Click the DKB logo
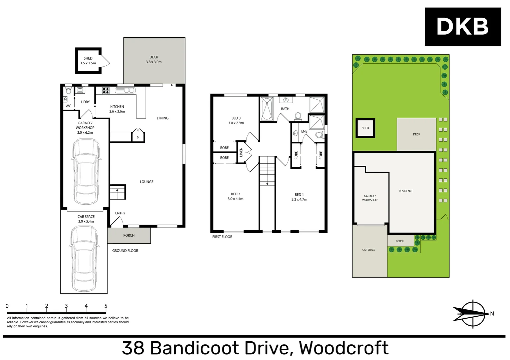tap(462, 27)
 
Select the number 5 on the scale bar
tap(106, 306)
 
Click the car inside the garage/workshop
tap(86, 171)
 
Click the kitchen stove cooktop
tap(106, 90)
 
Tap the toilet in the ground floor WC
tap(68, 91)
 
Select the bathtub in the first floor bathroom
tap(267, 109)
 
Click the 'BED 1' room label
tap(299, 195)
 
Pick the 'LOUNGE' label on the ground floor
tap(146, 182)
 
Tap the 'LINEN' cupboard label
tap(241, 152)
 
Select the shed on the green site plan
tap(365, 128)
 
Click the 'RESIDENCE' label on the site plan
tap(406, 191)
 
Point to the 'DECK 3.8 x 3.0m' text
tap(154, 59)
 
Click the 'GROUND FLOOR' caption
tap(125, 251)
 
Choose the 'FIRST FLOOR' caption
tap(222, 237)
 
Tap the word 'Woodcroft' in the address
tap(344, 348)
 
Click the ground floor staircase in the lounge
tap(117, 192)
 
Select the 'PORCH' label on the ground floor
tap(129, 235)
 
